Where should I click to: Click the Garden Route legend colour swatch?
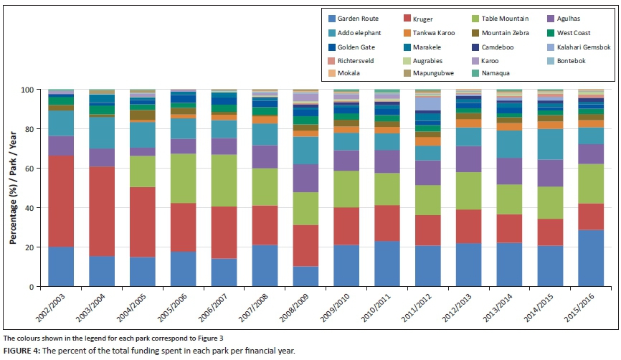[331, 19]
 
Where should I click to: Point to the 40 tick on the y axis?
[32, 208]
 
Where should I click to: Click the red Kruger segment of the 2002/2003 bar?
[61, 201]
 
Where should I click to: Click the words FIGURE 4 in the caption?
[24, 351]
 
